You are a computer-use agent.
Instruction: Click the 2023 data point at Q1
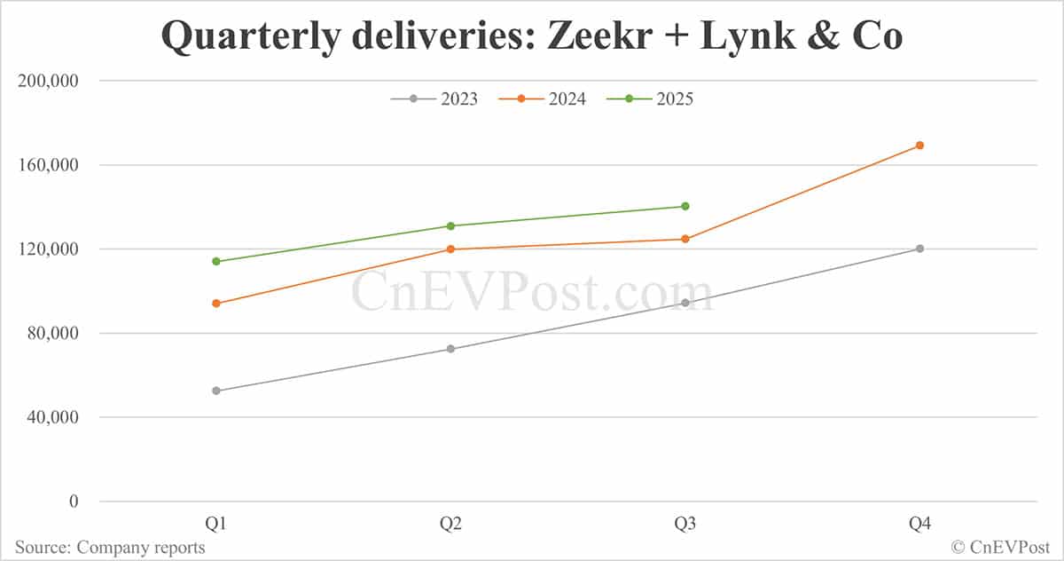click(x=216, y=391)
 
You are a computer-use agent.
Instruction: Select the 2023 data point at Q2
click(x=450, y=349)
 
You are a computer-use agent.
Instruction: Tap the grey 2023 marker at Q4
click(x=919, y=249)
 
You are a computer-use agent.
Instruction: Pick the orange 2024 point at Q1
click(x=216, y=304)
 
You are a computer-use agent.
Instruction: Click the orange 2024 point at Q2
click(x=450, y=249)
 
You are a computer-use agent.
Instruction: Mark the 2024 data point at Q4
click(x=919, y=146)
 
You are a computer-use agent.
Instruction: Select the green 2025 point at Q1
click(x=216, y=261)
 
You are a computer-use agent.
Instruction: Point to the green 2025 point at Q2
click(x=450, y=225)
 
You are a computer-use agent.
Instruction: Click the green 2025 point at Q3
click(x=685, y=206)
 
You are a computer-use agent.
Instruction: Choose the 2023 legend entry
click(x=434, y=99)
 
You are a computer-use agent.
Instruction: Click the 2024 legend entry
click(x=543, y=99)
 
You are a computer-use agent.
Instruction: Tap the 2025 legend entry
click(x=650, y=99)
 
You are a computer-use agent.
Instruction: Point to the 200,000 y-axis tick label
click(x=49, y=81)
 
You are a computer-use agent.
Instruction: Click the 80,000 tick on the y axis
click(x=53, y=334)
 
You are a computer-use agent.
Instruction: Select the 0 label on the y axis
click(x=74, y=502)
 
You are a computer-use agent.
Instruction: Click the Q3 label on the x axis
click(x=685, y=525)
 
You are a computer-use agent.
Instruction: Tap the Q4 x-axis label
click(x=919, y=525)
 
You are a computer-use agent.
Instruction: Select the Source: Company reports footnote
click(x=110, y=547)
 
